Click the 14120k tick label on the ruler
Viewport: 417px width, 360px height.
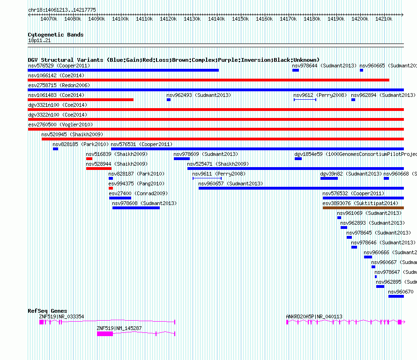click(168, 19)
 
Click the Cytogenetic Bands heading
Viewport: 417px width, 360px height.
click(55, 35)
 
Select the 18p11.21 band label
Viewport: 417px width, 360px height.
click(39, 41)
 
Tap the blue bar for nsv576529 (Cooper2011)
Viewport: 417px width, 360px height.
click(123, 70)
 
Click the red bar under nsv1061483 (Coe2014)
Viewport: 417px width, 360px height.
click(81, 100)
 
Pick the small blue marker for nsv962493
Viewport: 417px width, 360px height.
click(169, 100)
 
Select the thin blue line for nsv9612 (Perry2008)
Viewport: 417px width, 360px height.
click(305, 100)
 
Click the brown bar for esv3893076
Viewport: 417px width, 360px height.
click(363, 208)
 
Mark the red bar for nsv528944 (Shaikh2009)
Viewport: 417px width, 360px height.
click(98, 169)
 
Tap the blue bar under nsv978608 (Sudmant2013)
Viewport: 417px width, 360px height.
click(136, 208)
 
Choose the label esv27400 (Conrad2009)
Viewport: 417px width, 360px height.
click(138, 193)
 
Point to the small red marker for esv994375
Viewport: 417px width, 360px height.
click(111, 188)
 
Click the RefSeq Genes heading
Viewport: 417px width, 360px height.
click(47, 311)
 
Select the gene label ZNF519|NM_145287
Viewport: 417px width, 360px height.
click(119, 328)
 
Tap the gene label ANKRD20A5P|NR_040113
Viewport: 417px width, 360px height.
click(314, 316)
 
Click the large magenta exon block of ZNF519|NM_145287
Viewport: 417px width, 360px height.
click(105, 333)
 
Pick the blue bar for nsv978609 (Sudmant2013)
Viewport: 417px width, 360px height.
click(182, 159)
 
